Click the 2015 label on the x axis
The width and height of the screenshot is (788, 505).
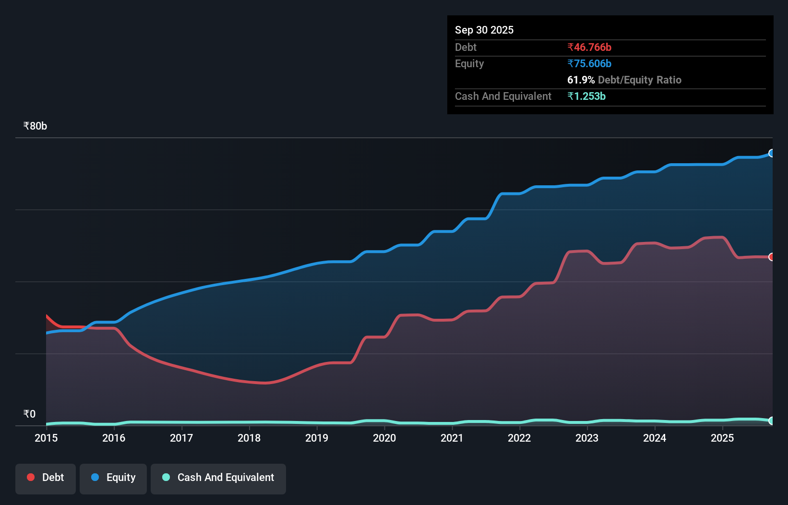[x=46, y=438]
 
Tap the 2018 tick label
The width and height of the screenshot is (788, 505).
[x=249, y=438]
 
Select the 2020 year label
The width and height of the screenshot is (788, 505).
[x=384, y=438]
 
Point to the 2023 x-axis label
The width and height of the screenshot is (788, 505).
[x=587, y=438]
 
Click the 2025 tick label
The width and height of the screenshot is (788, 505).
[x=722, y=438]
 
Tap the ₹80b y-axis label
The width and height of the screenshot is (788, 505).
[x=35, y=126]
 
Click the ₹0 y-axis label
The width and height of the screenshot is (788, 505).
[x=29, y=414]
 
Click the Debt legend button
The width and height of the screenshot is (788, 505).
[x=46, y=478]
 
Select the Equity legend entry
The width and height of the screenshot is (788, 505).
[x=113, y=478]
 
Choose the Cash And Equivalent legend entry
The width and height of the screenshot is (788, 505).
[x=218, y=478]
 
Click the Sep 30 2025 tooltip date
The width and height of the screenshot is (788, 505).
[x=484, y=30]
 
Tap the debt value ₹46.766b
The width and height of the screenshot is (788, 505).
[x=589, y=47]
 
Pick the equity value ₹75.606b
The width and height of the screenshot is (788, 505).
[x=589, y=63]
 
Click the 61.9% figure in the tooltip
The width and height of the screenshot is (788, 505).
[x=581, y=80]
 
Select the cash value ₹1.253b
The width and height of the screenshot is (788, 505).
[x=586, y=96]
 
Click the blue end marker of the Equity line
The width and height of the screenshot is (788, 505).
[x=772, y=153]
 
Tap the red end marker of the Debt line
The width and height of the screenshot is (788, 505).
[x=772, y=257]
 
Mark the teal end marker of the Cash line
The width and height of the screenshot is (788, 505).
[x=772, y=421]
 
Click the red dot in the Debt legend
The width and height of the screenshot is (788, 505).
[x=31, y=477]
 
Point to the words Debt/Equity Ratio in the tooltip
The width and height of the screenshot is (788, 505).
[x=639, y=80]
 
